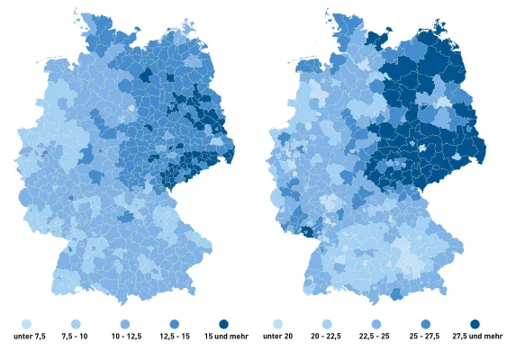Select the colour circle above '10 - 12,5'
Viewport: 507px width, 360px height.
pos(126,323)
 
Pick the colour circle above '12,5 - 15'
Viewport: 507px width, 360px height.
pos(175,323)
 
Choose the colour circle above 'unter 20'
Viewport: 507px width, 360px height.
pos(278,323)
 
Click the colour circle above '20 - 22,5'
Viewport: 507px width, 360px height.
pos(328,323)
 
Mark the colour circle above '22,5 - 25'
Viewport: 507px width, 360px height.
pos(376,323)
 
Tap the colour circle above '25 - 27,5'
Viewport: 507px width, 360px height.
pos(425,323)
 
